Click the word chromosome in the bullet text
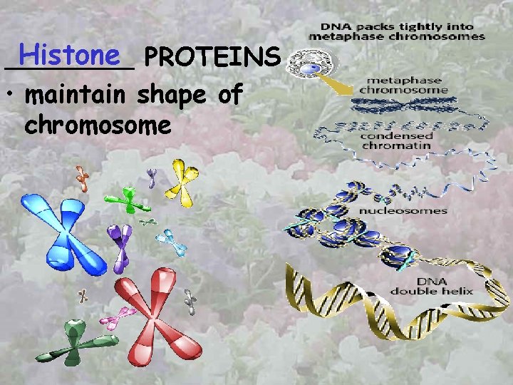tap(98, 125)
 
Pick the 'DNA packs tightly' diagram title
tap(397, 32)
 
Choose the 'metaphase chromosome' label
tap(403, 86)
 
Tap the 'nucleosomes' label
tap(412, 210)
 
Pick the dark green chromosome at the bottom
tap(72, 344)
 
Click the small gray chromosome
tap(190, 302)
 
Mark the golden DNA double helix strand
tap(370, 299)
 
